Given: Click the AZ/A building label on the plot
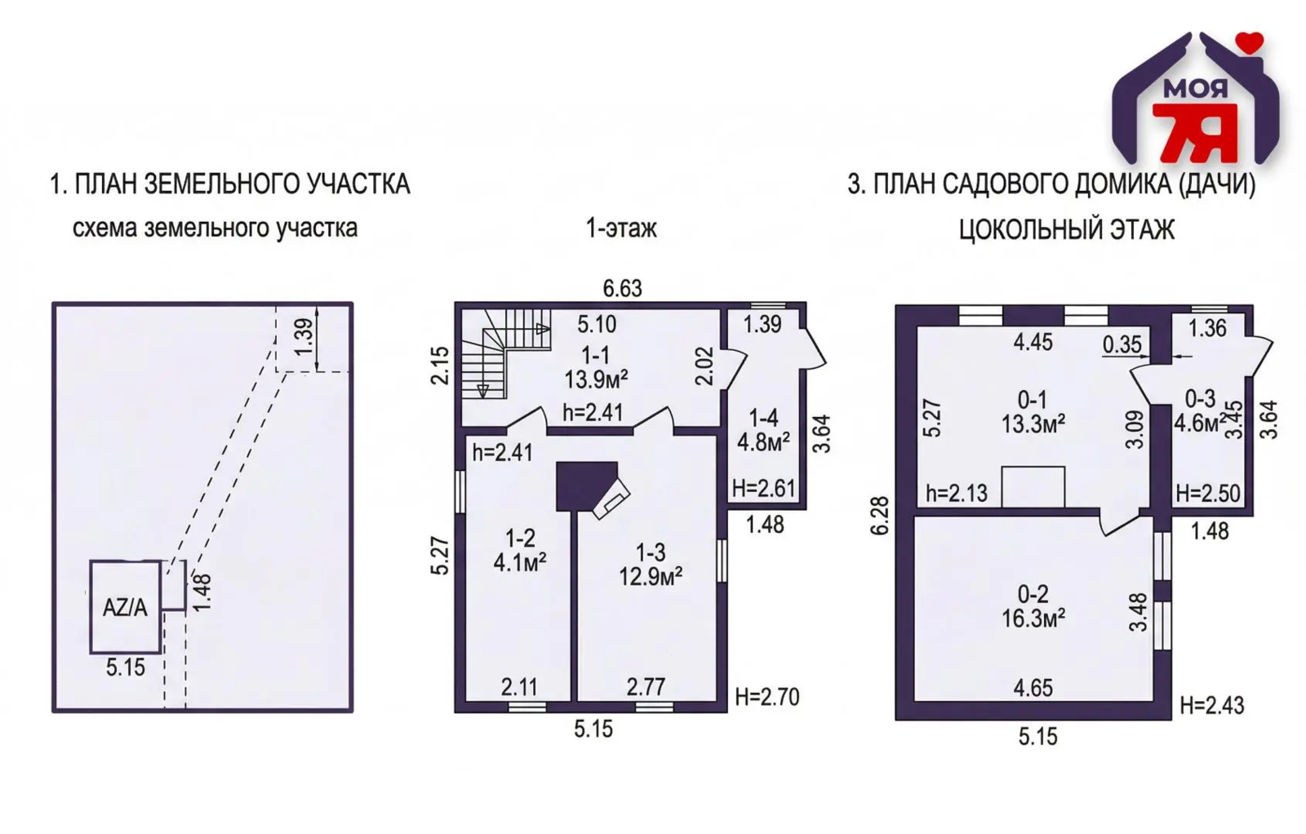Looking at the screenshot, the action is (125, 608).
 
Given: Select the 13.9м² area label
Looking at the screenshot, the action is (596, 380).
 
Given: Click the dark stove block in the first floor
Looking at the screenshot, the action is (586, 486).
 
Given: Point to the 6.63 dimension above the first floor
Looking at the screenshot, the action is (622, 289).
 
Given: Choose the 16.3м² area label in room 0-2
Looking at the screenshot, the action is (1033, 618).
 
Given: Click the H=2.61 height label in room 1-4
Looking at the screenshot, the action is (764, 488).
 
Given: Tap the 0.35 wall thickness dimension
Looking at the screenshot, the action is (1122, 344).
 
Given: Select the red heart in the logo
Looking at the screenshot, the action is (1250, 42).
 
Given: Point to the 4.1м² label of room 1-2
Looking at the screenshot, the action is (519, 563).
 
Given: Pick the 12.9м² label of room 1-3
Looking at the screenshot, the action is (651, 577).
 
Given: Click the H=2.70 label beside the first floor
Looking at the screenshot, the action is (766, 697).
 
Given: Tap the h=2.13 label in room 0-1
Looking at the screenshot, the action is (957, 494).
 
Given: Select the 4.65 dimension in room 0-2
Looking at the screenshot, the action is (1033, 688).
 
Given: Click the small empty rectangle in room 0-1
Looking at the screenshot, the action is (1033, 486).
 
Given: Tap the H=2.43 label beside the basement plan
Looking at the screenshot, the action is (1212, 705).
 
